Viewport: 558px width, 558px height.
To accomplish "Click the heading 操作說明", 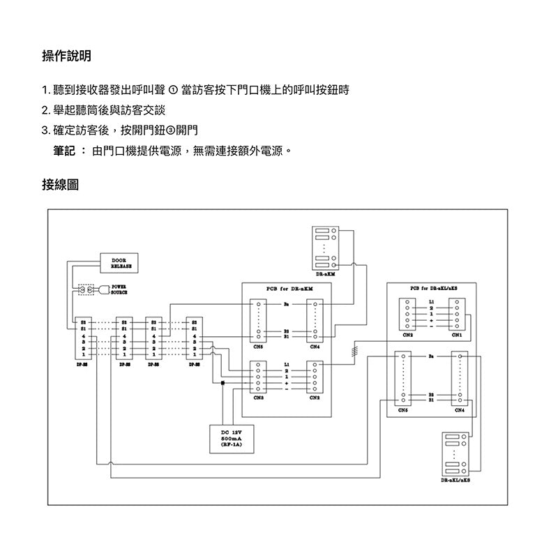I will [66, 56].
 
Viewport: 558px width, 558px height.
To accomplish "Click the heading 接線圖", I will [60, 185].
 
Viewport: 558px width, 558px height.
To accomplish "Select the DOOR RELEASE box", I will [120, 263].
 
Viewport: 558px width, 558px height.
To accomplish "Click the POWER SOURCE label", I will [118, 289].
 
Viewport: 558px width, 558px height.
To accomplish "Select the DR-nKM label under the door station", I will [325, 274].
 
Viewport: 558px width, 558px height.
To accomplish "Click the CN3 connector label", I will [258, 397].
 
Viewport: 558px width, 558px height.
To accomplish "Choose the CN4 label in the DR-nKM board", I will [315, 345].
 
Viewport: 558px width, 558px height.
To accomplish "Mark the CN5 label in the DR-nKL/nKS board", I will [403, 411].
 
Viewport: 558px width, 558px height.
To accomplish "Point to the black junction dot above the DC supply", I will [223, 383].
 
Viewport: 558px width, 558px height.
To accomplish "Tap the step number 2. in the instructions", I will [46, 111].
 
